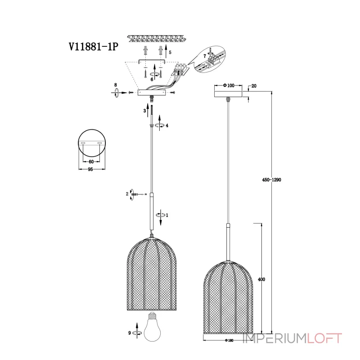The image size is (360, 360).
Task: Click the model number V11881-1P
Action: [x=94, y=47]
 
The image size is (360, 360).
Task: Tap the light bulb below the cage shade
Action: [x=152, y=326]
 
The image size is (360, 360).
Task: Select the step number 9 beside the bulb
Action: [x=130, y=333]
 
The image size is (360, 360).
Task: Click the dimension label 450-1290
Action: [x=272, y=180]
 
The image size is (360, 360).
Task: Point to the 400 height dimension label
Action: [x=261, y=279]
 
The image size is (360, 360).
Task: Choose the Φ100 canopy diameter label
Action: [x=229, y=85]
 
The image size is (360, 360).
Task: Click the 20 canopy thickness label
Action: [x=254, y=86]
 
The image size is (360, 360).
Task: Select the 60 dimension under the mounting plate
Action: [x=91, y=162]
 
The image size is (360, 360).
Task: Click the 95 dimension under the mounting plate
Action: [x=90, y=169]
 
